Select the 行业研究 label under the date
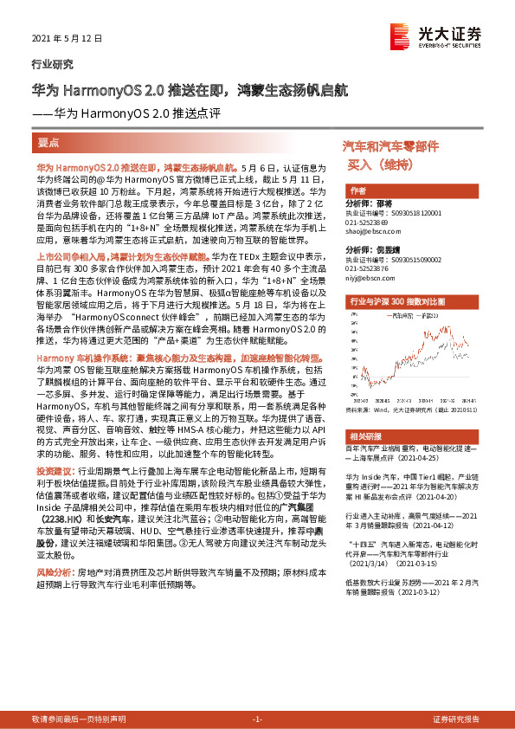click(x=52, y=64)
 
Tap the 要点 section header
click(x=48, y=140)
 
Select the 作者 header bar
click(x=357, y=190)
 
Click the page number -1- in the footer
click(x=256, y=719)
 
